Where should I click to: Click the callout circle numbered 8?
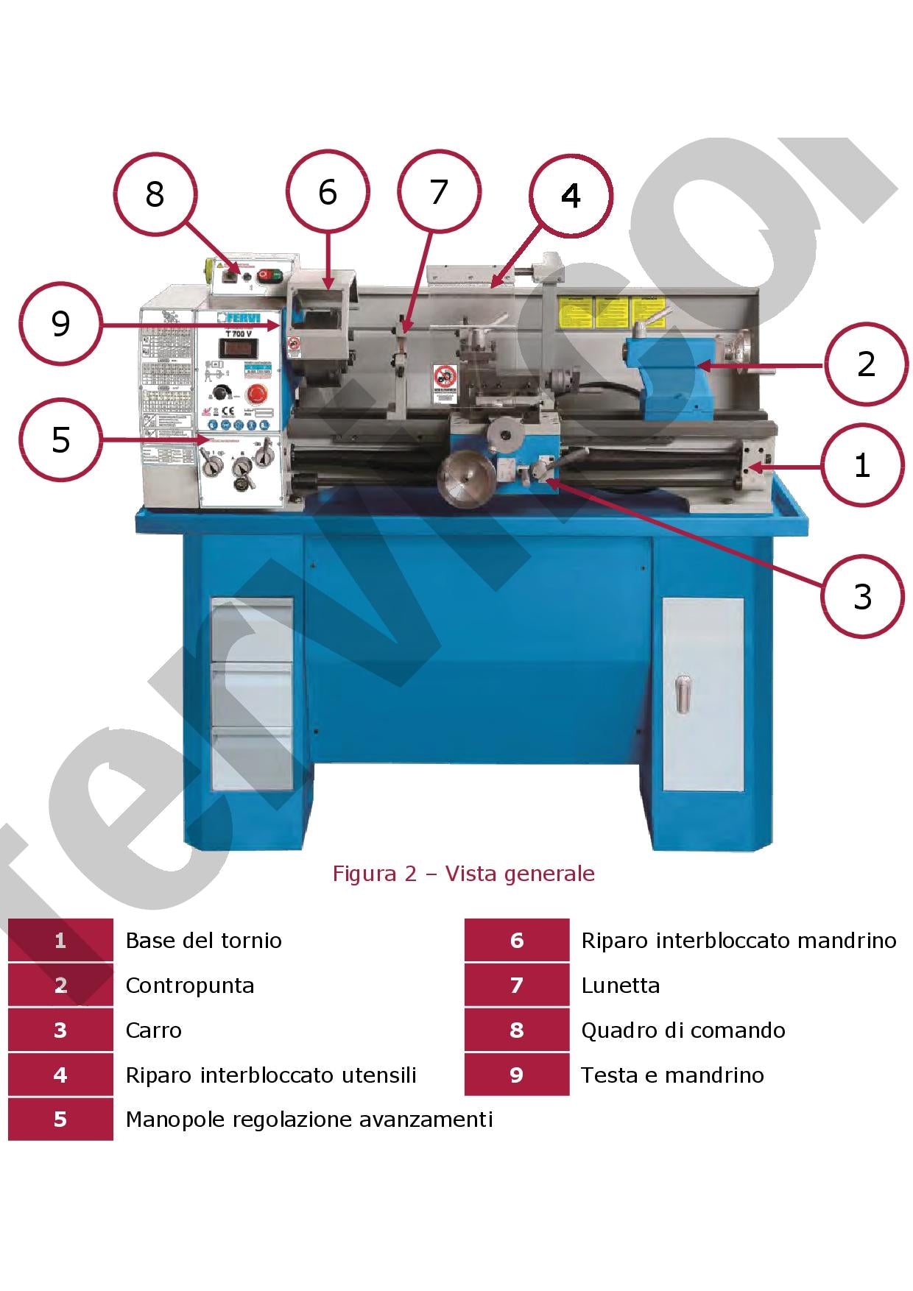[x=155, y=194]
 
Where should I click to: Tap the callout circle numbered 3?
[x=861, y=595]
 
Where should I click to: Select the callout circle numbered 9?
[x=60, y=324]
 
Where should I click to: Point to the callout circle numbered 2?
[x=866, y=364]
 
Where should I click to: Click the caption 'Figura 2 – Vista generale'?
[x=463, y=874]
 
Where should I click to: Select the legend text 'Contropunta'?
[x=190, y=986]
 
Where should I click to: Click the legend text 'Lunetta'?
[x=620, y=986]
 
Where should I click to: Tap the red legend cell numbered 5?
[x=60, y=1120]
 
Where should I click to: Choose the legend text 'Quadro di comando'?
[x=683, y=1030]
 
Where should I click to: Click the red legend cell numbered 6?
[x=516, y=941]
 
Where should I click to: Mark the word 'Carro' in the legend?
[x=153, y=1030]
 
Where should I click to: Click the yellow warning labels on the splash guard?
[x=612, y=313]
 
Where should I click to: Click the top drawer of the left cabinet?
[x=253, y=631]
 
